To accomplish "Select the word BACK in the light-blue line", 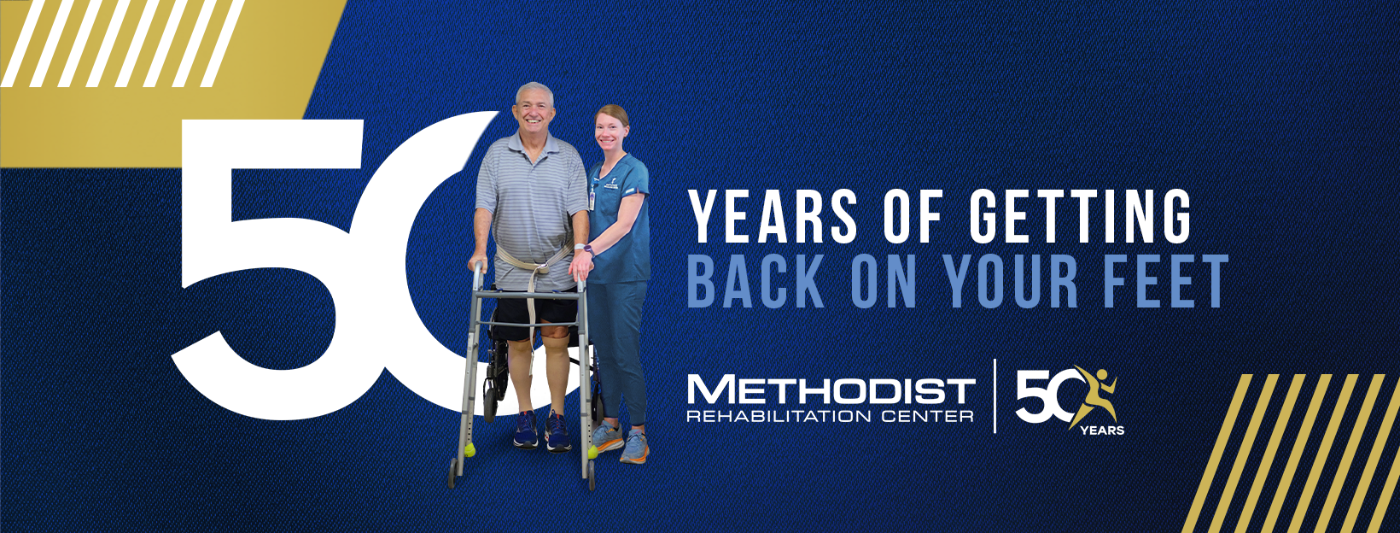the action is click(755, 281).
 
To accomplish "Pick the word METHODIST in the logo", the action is click(831, 390).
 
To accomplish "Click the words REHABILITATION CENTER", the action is click(830, 416).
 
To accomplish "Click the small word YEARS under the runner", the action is click(1102, 430).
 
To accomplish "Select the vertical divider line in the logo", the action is click(995, 396).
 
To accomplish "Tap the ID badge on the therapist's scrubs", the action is click(592, 197).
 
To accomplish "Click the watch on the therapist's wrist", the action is click(588, 250).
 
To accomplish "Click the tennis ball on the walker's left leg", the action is click(470, 449).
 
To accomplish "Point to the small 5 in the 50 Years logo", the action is click(1030, 396).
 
